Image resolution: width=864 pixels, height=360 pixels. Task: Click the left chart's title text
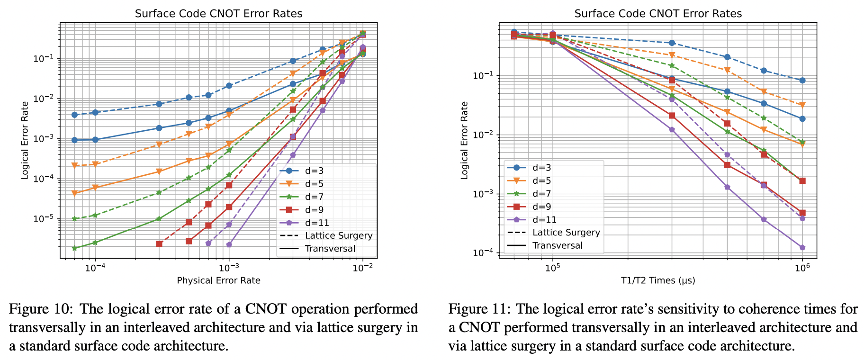point(218,13)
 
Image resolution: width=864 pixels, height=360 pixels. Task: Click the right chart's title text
point(658,13)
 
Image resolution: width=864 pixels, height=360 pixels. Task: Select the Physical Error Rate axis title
point(218,280)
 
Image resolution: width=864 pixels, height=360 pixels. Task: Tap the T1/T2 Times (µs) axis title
point(658,280)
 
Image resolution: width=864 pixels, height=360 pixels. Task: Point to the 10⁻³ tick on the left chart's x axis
point(229,268)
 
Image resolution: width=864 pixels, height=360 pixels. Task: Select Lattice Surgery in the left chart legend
point(339,236)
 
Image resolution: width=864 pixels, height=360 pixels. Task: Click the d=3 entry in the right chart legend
point(541,167)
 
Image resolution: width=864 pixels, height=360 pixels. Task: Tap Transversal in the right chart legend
point(558,245)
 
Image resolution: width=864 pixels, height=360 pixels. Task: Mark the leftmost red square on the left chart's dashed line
point(159,244)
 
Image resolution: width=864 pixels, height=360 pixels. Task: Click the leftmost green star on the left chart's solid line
point(74,248)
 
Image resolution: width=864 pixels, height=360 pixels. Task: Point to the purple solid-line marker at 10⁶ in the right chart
point(802,248)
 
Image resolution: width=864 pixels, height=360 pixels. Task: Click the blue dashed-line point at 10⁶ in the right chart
point(802,81)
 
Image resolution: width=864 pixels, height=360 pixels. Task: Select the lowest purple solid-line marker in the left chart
point(229,244)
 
